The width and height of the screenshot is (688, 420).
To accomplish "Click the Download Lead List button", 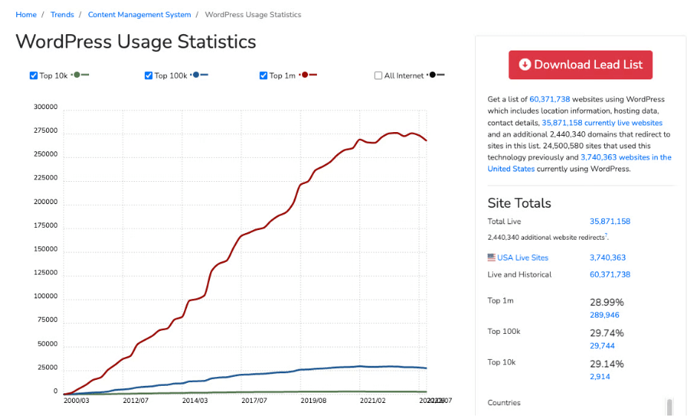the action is [580, 65].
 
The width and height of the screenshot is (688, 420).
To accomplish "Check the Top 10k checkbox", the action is [33, 76].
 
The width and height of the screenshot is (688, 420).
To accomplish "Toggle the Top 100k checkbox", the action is [148, 76].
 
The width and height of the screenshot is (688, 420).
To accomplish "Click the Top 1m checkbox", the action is [263, 76].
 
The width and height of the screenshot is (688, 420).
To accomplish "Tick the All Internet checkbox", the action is [379, 76].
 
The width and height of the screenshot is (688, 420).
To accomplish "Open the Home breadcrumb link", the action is [26, 15].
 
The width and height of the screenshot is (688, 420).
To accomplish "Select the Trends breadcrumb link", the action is [62, 15].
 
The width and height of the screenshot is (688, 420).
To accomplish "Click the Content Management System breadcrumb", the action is [140, 15].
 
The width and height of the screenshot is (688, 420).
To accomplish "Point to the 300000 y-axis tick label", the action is [45, 107].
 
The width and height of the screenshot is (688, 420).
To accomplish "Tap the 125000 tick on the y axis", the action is [45, 272].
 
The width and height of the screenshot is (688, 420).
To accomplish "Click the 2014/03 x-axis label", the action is [194, 400].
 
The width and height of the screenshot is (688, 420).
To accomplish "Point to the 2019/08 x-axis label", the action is [313, 400].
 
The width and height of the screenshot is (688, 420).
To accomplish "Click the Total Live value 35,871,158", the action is [610, 221].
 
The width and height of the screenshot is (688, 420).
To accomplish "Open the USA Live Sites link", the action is [522, 257].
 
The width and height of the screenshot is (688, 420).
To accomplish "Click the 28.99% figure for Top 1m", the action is [607, 302].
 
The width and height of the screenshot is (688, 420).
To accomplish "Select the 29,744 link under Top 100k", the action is [602, 346].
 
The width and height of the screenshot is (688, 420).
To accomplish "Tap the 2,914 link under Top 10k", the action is [600, 376].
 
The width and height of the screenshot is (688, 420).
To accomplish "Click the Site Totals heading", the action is [519, 203].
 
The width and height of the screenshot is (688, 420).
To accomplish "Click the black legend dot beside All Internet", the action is [433, 75].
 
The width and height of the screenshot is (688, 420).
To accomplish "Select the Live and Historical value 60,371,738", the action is [610, 275].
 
